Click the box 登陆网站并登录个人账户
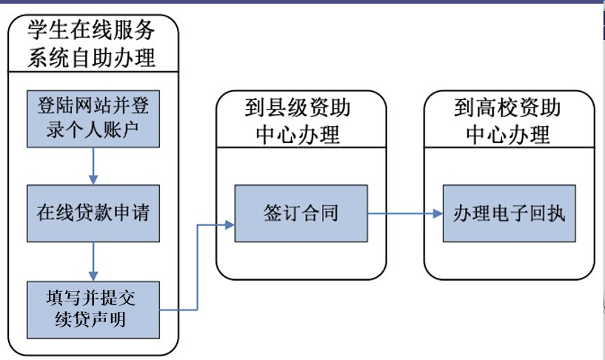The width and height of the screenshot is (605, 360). [x=93, y=119]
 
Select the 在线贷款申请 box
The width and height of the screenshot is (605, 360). [x=93, y=213]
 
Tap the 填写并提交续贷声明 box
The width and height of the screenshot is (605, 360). [x=93, y=310]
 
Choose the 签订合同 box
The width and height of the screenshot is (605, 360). [x=301, y=213]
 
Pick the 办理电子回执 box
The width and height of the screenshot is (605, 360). [x=509, y=213]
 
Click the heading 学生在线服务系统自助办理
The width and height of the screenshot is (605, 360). [x=91, y=44]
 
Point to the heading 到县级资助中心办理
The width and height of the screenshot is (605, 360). [x=298, y=121]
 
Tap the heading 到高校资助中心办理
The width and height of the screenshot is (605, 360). [x=507, y=121]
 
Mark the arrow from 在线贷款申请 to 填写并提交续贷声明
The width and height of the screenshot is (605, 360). [x=93, y=261]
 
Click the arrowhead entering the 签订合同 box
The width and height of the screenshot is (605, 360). [x=230, y=224]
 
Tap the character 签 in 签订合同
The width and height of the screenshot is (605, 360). [x=273, y=213]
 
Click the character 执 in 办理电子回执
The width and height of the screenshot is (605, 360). [x=556, y=213]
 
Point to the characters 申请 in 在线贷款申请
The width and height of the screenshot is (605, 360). [x=131, y=213]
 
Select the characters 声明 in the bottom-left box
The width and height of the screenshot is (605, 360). [x=109, y=319]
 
